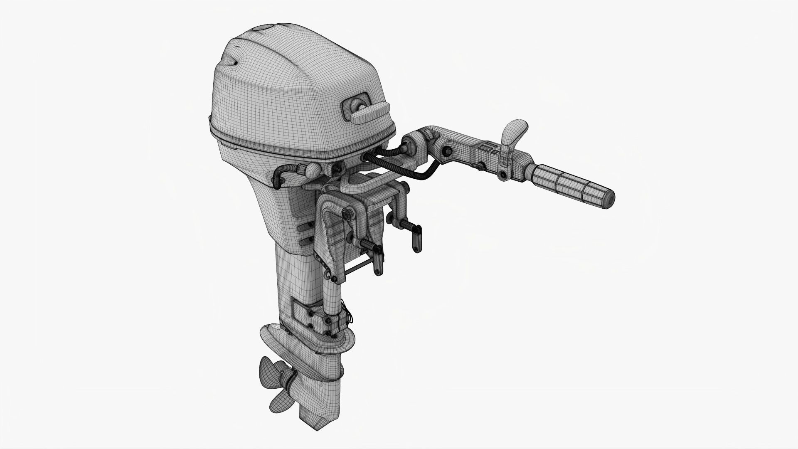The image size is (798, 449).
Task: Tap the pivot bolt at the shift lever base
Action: click(x=504, y=175)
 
